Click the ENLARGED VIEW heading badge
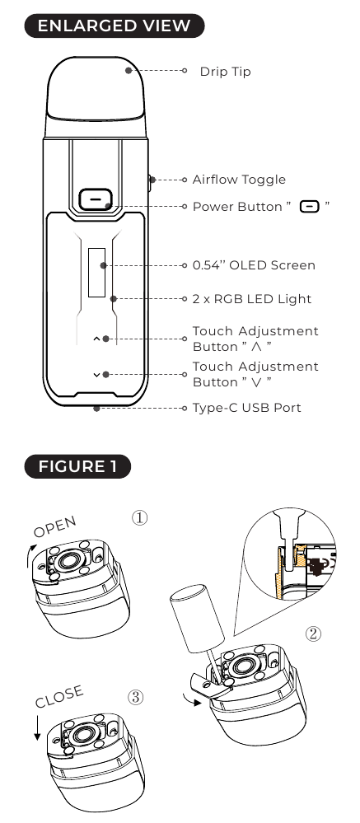point(114,26)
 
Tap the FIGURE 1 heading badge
point(77,467)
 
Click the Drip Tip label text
point(225,72)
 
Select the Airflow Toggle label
point(239,180)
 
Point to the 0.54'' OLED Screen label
point(254,265)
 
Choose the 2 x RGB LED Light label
point(251,298)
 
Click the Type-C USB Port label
point(246,408)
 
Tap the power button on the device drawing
point(96,199)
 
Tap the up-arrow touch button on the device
point(96,339)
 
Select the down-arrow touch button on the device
point(96,374)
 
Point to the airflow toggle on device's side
point(151,180)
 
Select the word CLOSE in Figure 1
point(59,697)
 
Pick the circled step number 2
point(313,634)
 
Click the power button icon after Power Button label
point(310,207)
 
